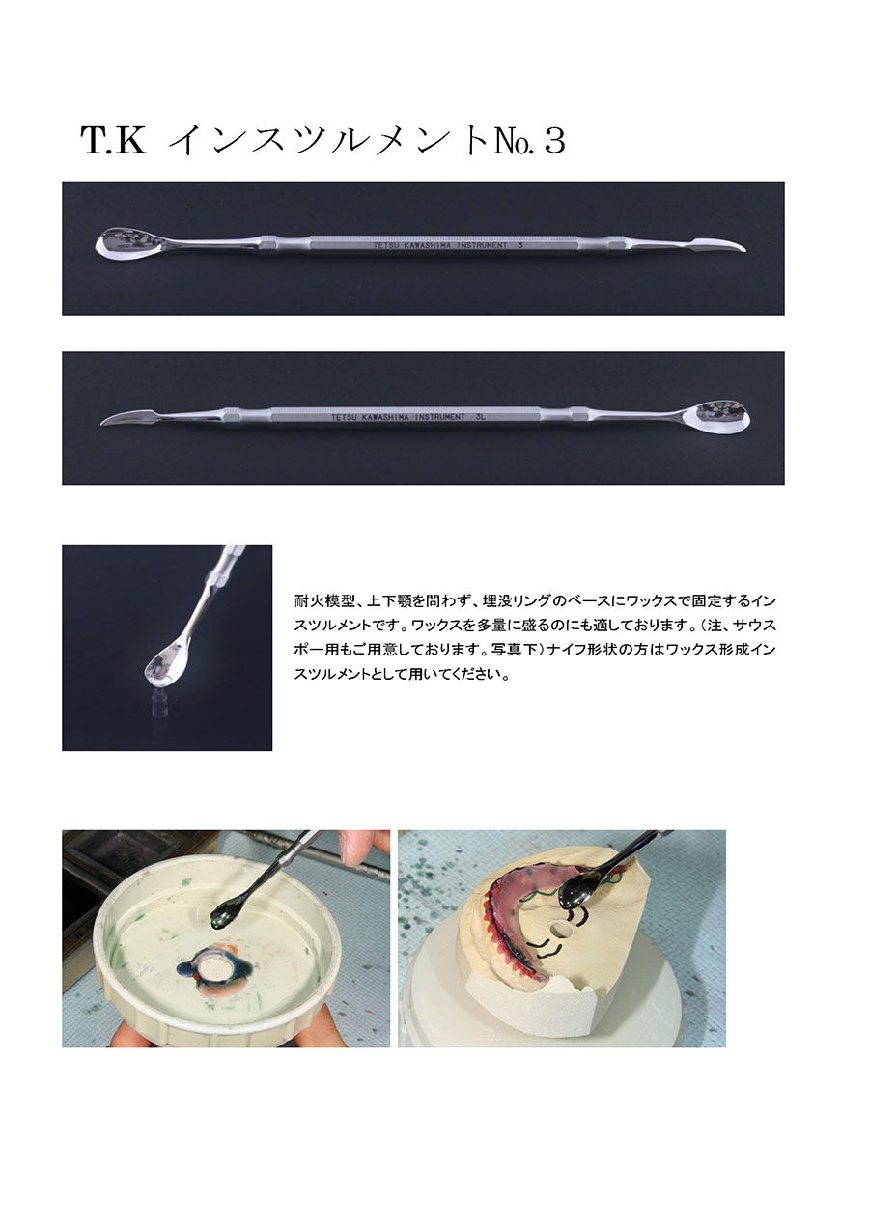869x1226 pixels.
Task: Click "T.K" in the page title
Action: pos(114,141)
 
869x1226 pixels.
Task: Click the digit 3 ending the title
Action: pos(554,141)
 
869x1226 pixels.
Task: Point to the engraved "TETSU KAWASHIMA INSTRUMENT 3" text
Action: pos(448,246)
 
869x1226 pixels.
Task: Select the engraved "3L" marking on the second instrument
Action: pos(480,416)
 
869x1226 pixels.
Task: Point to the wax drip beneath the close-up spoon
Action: pos(158,700)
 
